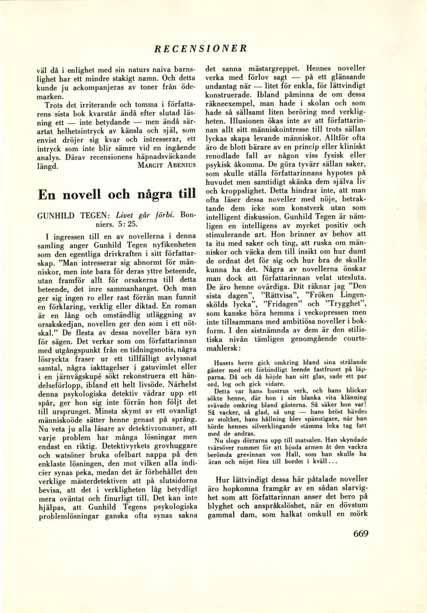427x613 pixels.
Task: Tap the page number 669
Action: tap(360, 534)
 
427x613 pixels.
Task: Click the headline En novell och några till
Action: tap(117, 195)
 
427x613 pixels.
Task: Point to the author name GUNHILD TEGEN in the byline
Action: tap(74, 215)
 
